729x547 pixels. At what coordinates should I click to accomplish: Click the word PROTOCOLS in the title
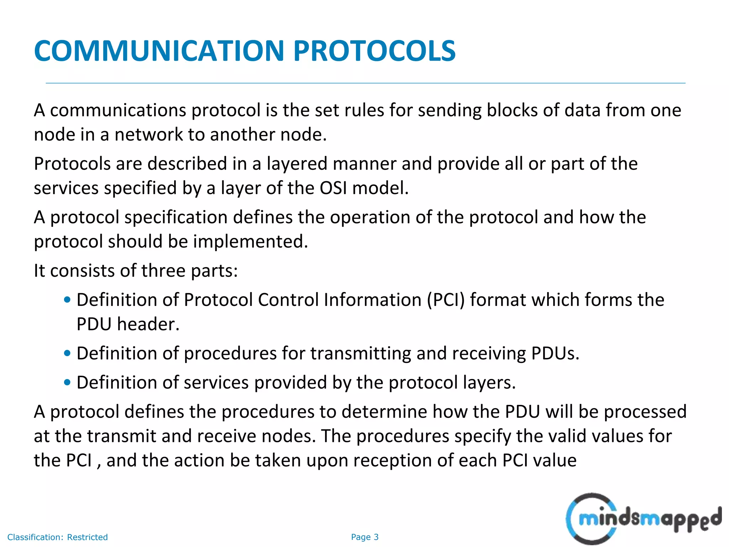[x=374, y=51]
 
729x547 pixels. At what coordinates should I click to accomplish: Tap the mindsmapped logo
[x=643, y=519]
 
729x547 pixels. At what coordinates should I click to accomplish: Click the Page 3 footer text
[x=364, y=537]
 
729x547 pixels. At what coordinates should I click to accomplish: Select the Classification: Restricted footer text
[x=57, y=537]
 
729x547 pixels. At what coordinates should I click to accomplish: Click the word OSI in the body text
[x=333, y=188]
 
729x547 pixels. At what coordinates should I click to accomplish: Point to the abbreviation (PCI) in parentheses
[x=446, y=300]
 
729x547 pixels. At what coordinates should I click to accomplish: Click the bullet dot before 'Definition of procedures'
[x=67, y=354]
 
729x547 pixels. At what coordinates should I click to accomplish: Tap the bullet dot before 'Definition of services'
[x=67, y=383]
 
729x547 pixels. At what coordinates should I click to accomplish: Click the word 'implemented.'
[x=250, y=242]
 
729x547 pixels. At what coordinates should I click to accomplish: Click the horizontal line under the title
[x=365, y=83]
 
